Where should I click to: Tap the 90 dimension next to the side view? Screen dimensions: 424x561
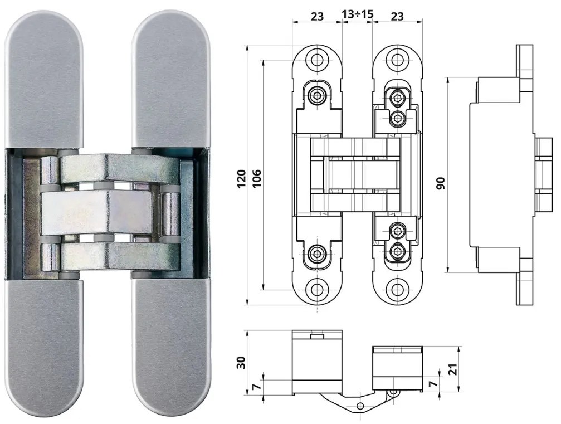pos(441,182)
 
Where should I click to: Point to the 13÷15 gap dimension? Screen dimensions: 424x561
pos(357,16)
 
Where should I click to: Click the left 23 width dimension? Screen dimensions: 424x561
pos(316,16)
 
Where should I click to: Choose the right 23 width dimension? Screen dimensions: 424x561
pos(397,16)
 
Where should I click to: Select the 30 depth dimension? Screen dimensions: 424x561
pos(241,363)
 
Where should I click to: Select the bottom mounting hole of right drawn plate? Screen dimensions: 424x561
pos(397,290)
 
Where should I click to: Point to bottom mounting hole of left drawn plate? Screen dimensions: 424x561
pos(318,290)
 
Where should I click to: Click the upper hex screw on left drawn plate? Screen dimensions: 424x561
pos(317,96)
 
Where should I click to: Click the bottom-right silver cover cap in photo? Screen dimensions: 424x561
pos(172,345)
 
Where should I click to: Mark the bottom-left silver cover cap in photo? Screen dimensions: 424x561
pos(43,345)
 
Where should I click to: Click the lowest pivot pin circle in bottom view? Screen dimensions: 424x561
pos(360,405)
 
